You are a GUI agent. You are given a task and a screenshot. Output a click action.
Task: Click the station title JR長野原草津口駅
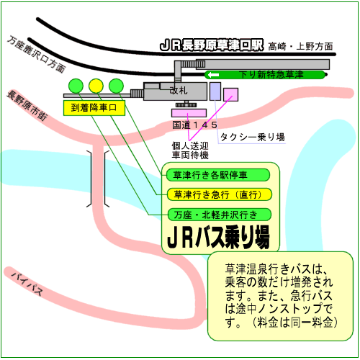coord(212,45)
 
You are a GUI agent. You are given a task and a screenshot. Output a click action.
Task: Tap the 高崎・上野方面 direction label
coord(300,46)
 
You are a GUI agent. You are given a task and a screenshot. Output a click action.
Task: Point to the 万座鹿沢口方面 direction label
coord(37,54)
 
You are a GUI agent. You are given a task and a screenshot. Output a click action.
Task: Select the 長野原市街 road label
coord(27,105)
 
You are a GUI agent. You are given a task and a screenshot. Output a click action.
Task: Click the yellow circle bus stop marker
coord(96,86)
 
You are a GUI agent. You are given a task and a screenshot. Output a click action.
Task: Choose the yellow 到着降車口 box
coord(94,108)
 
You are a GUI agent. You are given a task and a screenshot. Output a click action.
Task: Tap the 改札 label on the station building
coord(179,91)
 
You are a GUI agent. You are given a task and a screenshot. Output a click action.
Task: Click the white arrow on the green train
coord(213,75)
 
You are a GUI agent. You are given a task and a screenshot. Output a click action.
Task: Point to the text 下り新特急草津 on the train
coord(271,75)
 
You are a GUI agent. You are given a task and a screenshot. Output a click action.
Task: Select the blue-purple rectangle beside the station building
coord(215,91)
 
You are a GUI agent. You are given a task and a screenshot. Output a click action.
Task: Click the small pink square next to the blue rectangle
coord(231,94)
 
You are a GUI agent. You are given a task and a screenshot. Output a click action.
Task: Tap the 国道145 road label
coord(195,125)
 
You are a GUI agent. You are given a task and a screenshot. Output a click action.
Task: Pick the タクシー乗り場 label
coord(253,137)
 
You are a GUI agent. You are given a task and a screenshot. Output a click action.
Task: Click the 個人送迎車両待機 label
coord(190,150)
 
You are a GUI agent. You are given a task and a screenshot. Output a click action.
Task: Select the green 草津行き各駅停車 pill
coord(218,175)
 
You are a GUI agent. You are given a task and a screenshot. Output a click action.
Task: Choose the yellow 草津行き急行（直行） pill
coord(220,194)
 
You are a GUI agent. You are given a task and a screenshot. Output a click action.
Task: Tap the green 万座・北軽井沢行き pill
coord(220,215)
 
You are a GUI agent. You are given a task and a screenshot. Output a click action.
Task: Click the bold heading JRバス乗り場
coord(218,237)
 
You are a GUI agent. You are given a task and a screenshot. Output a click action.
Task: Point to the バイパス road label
coord(27,284)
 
